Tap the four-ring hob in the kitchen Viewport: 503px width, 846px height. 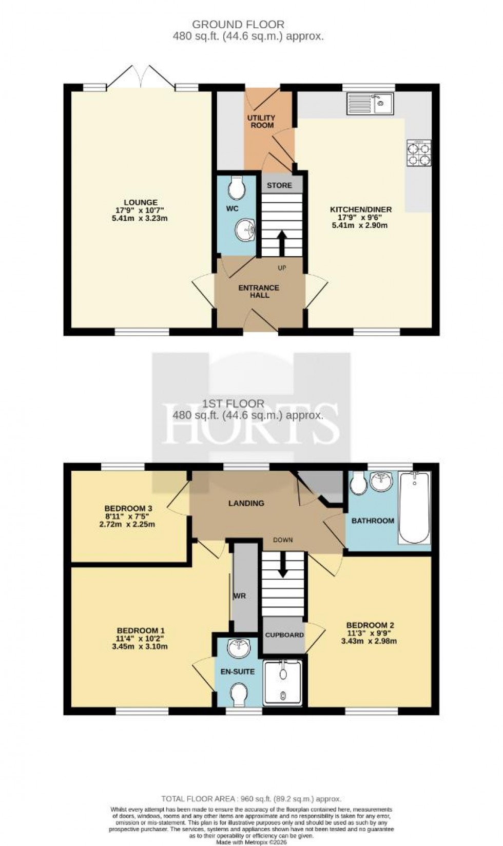(x=418, y=153)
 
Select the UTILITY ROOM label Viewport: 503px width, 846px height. (x=261, y=122)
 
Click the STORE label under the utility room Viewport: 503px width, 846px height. (x=279, y=185)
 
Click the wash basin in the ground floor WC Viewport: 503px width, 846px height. (x=245, y=229)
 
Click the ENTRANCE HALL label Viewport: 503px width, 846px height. (x=259, y=291)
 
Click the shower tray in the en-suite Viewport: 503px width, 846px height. (x=282, y=683)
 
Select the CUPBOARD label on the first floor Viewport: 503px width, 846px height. (x=284, y=635)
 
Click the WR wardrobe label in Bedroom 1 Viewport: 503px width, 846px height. (x=240, y=596)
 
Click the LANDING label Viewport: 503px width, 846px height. (x=246, y=503)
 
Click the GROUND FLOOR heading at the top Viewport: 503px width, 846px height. (x=238, y=24)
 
